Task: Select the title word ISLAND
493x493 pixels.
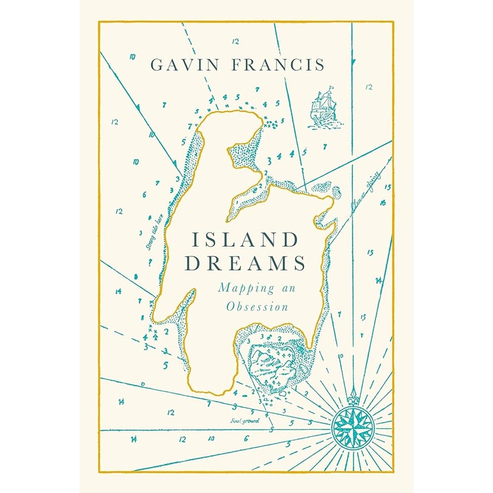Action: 246,239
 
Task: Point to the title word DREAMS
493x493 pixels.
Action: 246,264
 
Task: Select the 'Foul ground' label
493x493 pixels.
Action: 246,421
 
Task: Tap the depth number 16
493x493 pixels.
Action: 383,202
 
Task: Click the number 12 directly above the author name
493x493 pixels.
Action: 235,42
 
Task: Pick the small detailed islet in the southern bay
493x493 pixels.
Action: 275,364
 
